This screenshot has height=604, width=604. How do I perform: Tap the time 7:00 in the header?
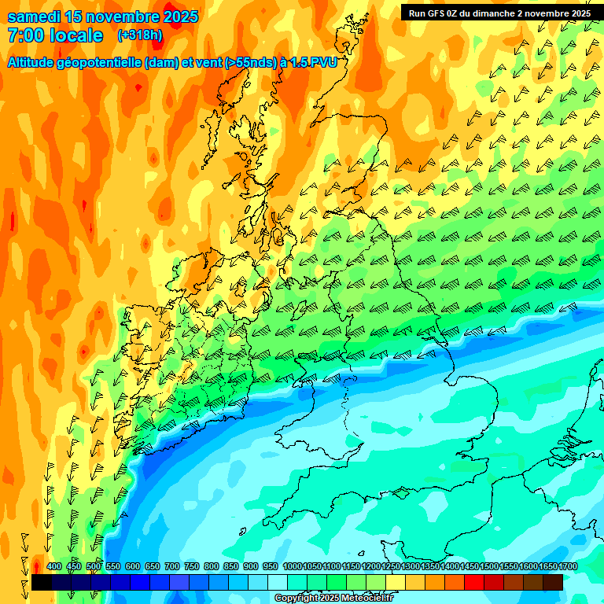[x=28, y=35]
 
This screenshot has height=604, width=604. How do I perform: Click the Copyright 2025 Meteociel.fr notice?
[x=333, y=598]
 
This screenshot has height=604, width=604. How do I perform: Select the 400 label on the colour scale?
[x=54, y=566]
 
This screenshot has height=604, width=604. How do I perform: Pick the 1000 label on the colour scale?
[x=292, y=566]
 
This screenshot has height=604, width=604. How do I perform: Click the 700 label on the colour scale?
[x=172, y=566]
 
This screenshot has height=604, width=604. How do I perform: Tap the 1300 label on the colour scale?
[x=411, y=566]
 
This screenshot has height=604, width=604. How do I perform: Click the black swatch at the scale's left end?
[x=42, y=582]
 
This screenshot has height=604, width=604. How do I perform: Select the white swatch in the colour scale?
[x=278, y=582]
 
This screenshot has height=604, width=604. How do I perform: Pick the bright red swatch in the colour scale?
[x=474, y=582]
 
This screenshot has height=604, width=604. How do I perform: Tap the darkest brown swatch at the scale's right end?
[x=553, y=582]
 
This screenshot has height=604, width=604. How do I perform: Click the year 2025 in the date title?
[x=177, y=17]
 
